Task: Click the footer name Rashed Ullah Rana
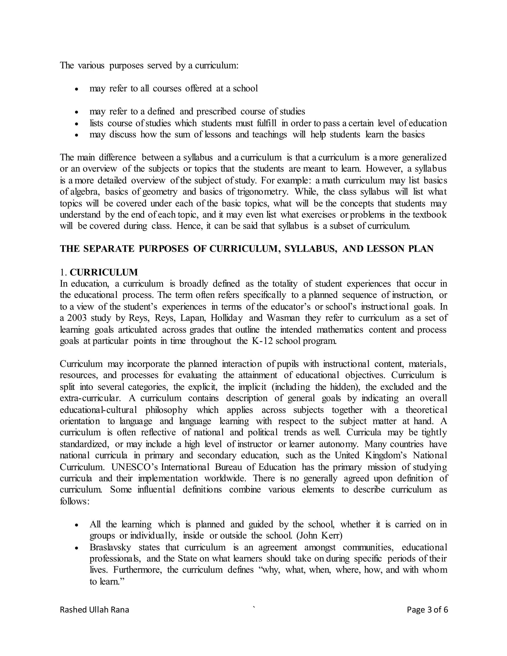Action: click(x=94, y=609)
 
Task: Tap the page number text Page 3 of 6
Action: click(x=427, y=609)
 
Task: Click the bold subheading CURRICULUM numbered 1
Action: click(x=104, y=272)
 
